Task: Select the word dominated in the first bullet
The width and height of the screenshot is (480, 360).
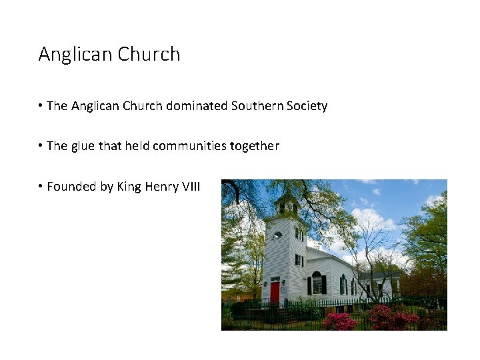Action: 197,106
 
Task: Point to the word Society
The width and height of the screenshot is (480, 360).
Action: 307,106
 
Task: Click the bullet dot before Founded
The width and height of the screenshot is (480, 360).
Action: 41,187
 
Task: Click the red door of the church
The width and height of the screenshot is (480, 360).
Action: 275,292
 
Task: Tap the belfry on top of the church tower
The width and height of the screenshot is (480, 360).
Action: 287,203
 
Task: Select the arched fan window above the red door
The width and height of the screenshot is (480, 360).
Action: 275,279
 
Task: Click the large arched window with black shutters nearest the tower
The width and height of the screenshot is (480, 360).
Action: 317,283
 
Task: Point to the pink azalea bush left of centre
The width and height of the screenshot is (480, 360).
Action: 339,321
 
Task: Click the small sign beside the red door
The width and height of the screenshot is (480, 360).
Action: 285,289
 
